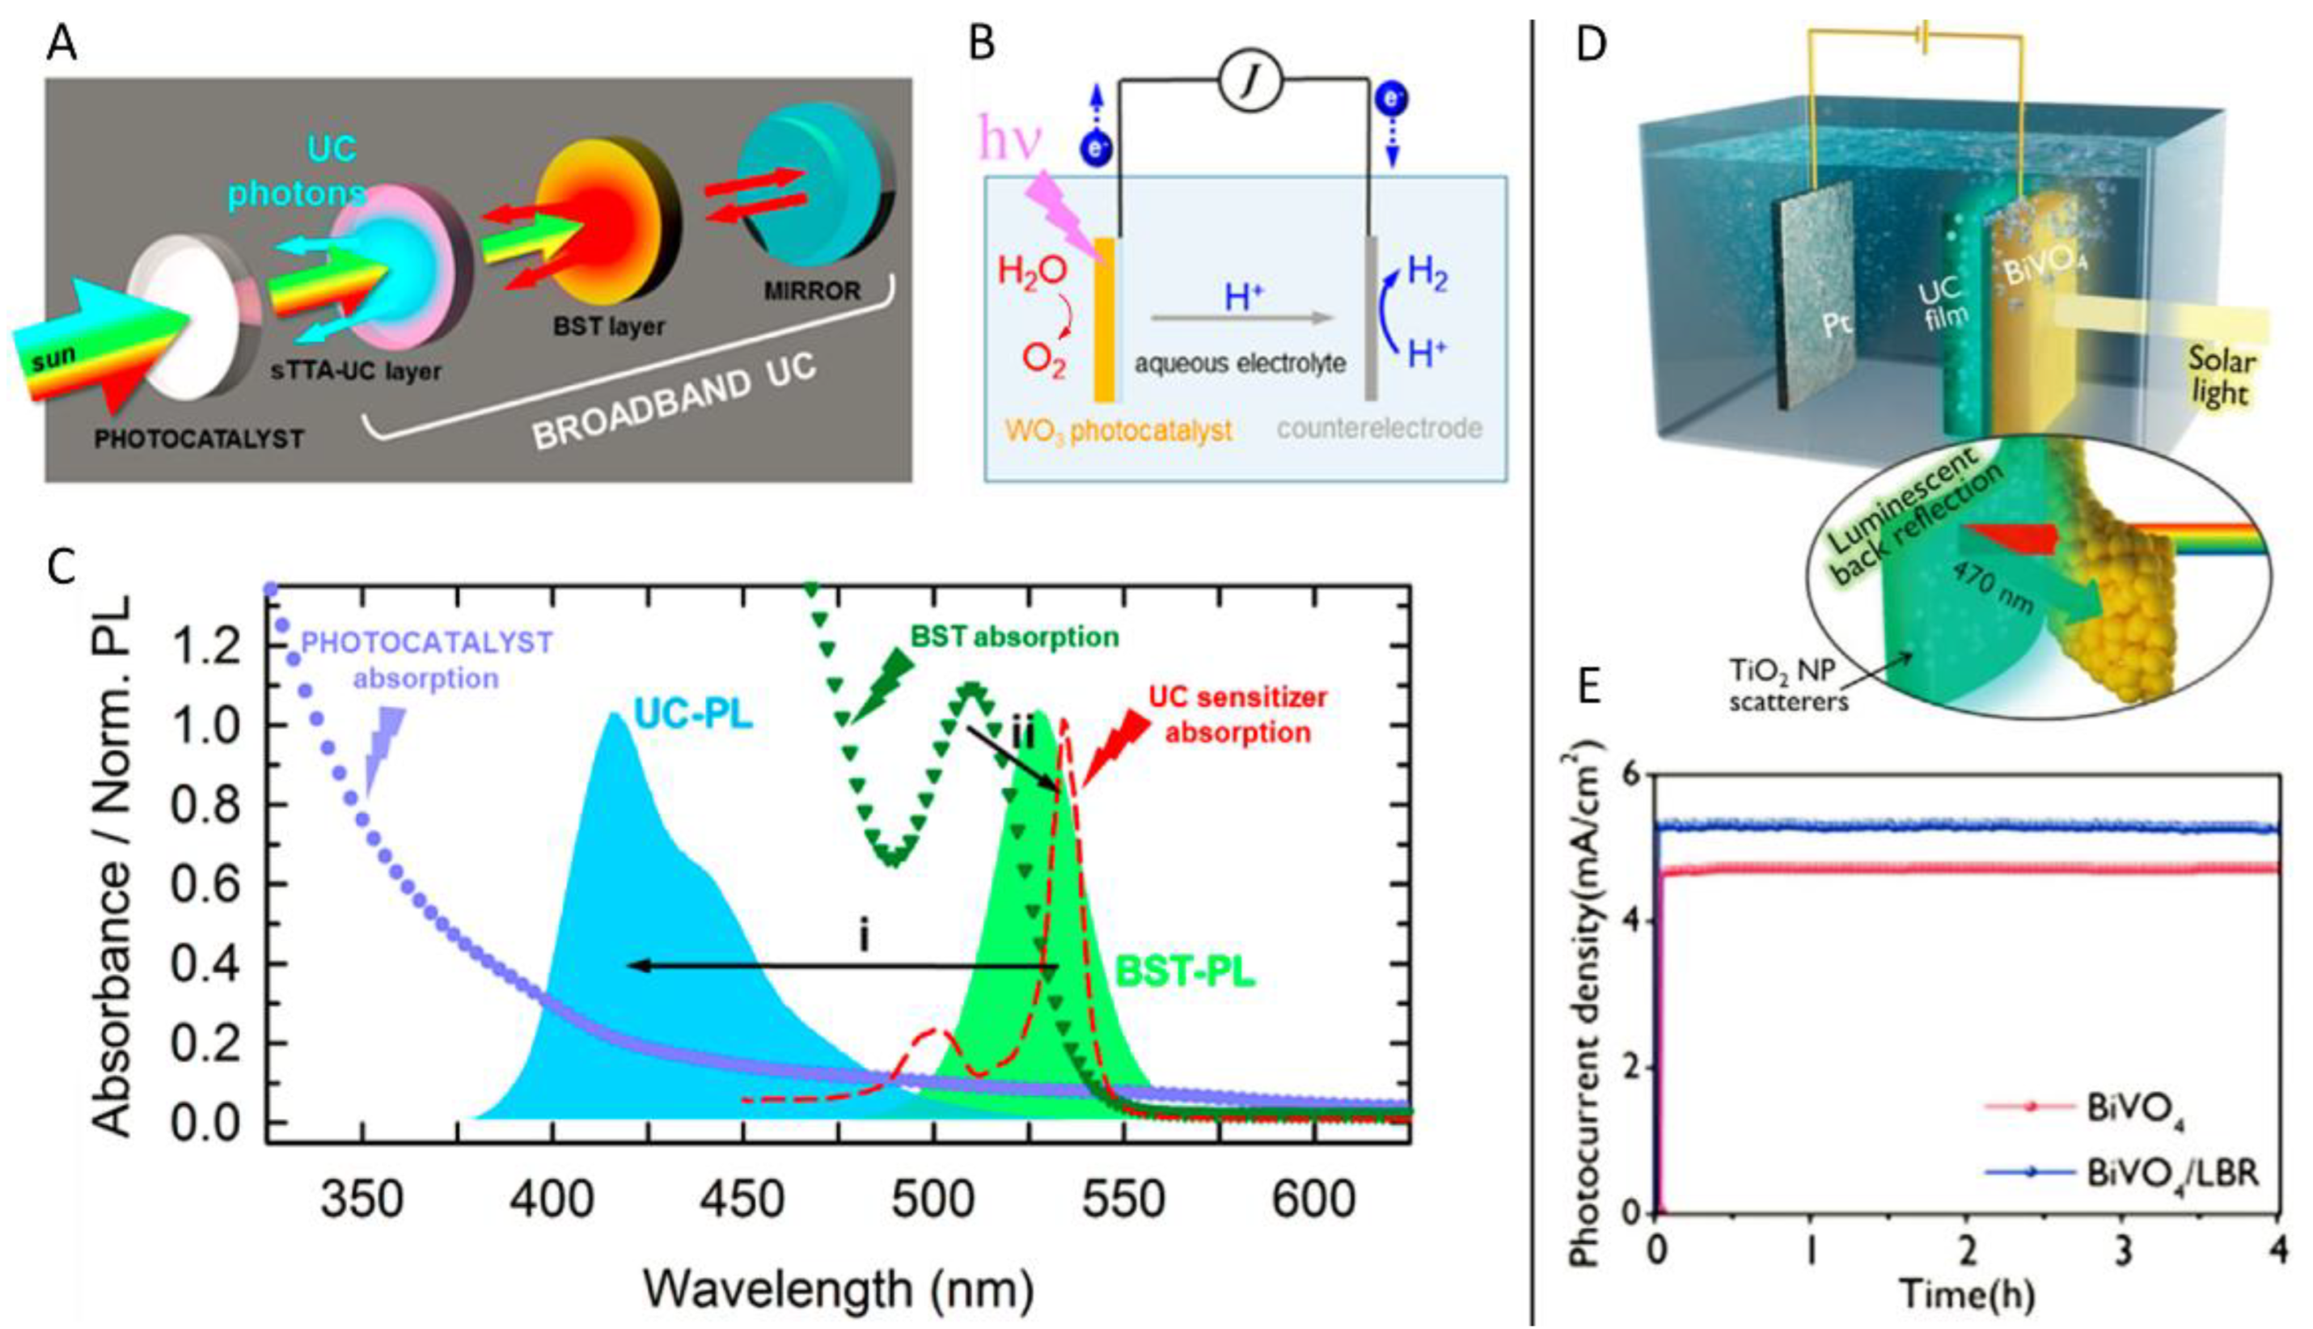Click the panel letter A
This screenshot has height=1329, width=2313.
(x=62, y=43)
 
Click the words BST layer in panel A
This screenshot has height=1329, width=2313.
(x=609, y=326)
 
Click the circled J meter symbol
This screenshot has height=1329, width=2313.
(x=1251, y=84)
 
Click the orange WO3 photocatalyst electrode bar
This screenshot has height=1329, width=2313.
(x=1104, y=320)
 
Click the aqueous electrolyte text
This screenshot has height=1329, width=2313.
(x=1240, y=363)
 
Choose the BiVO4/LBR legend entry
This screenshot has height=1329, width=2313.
(x=2171, y=1173)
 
